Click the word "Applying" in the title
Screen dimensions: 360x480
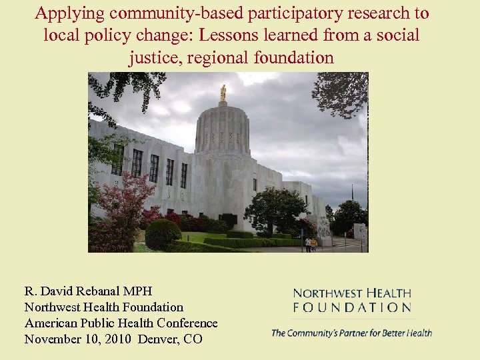coord(65,13)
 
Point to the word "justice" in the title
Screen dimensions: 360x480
coord(155,58)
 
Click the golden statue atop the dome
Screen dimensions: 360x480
coord(223,92)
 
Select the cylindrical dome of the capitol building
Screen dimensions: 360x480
coord(223,130)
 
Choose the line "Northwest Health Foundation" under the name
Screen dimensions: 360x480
coord(103,307)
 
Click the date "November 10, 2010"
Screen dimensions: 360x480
coord(78,339)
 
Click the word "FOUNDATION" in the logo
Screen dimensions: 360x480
coord(352,307)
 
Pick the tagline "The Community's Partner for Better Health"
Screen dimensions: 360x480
coord(351,333)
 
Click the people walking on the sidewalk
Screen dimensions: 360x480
coord(311,244)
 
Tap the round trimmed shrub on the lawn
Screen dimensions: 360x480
coord(162,234)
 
